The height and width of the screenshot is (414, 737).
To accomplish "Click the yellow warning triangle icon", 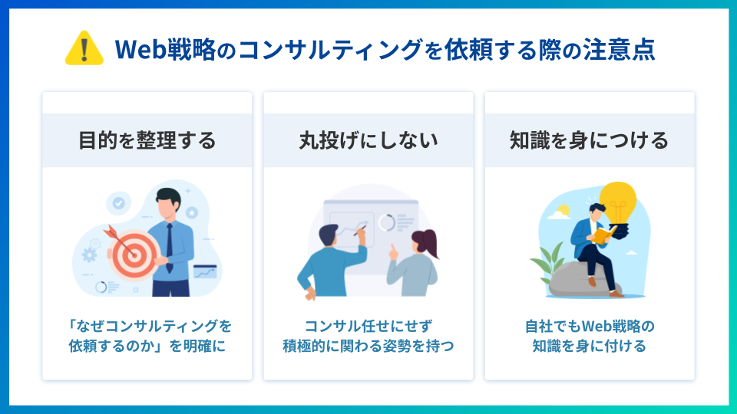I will pyautogui.click(x=85, y=49).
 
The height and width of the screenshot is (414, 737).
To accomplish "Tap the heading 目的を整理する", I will pyautogui.click(x=147, y=140).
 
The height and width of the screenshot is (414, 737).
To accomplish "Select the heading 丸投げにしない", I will pyautogui.click(x=368, y=140).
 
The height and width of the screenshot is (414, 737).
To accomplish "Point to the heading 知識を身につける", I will pyautogui.click(x=589, y=140).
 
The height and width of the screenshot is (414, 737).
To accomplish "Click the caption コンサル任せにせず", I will pyautogui.click(x=368, y=326).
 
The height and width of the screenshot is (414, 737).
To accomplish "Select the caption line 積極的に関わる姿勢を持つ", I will pyautogui.click(x=368, y=346).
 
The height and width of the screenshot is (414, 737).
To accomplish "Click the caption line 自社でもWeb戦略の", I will pyautogui.click(x=589, y=326).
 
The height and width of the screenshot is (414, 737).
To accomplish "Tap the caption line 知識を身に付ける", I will pyautogui.click(x=589, y=346).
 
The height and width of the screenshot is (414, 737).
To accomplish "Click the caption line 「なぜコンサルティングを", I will pyautogui.click(x=147, y=326).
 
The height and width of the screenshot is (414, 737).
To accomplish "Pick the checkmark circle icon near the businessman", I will pyautogui.click(x=118, y=203).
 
